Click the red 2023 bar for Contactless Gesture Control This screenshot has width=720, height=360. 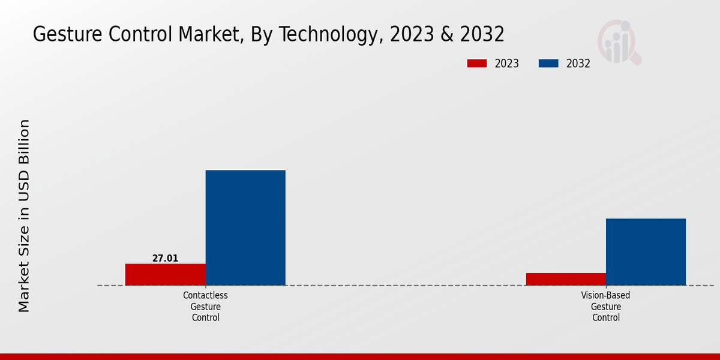tap(165, 274)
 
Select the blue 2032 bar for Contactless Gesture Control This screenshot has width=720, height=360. tap(245, 227)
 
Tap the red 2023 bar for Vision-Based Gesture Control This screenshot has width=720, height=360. tap(566, 279)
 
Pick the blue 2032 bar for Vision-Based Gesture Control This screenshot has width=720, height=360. tap(646, 251)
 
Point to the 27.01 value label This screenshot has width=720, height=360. tap(165, 259)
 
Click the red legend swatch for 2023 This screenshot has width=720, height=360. tap(477, 64)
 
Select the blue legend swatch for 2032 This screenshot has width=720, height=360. tap(548, 64)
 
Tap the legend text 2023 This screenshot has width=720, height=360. tap(507, 64)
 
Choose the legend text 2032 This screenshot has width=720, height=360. tap(578, 64)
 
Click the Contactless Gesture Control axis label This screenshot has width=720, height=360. tap(205, 307)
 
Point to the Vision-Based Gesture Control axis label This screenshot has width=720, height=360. tap(605, 307)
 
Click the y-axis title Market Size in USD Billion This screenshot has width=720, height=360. tap(24, 216)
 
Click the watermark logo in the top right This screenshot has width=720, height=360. tap(619, 42)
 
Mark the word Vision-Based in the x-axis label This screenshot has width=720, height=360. tap(605, 295)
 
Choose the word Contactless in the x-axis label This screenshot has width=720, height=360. tap(205, 295)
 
